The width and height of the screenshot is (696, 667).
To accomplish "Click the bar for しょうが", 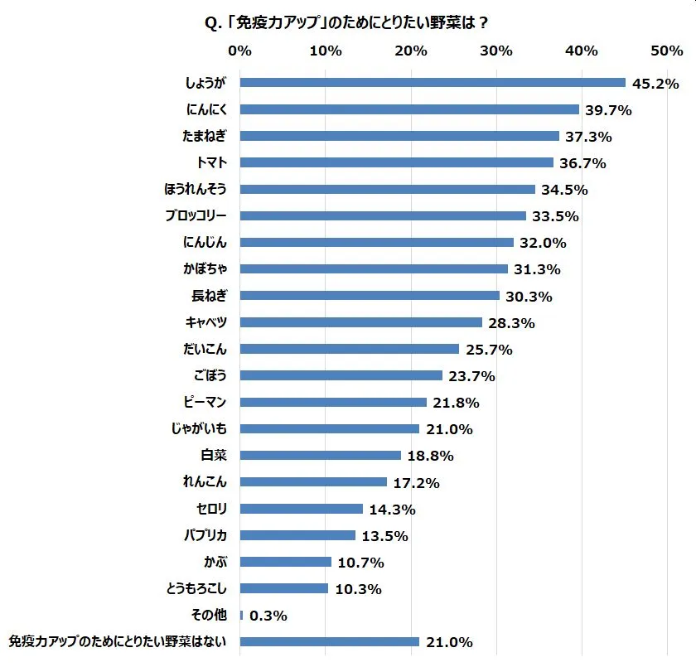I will tap(433, 83).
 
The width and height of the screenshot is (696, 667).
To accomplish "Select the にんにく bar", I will tap(409, 109).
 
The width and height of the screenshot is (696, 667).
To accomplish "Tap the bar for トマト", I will tap(396, 162).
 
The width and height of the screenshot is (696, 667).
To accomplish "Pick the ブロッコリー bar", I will tap(383, 216).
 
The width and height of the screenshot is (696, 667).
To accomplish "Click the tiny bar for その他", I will tap(241, 616).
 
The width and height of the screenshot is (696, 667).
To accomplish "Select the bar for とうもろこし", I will tap(284, 589).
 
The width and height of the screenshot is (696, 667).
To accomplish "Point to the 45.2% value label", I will tap(655, 84).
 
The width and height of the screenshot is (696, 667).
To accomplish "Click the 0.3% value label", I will tap(269, 616).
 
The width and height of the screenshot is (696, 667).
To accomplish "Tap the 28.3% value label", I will tap(511, 323).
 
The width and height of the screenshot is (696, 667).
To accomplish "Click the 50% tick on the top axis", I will tap(667, 51).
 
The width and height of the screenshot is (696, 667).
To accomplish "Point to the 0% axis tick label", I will tap(239, 51).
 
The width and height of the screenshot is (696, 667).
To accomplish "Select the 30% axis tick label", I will tap(496, 51).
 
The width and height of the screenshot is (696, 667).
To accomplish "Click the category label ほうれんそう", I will tap(196, 189).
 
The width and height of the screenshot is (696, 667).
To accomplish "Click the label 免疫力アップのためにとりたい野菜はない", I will tap(118, 641).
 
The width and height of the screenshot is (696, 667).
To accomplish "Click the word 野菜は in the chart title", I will tap(450, 22).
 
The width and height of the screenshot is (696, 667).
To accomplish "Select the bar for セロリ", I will tap(302, 509).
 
